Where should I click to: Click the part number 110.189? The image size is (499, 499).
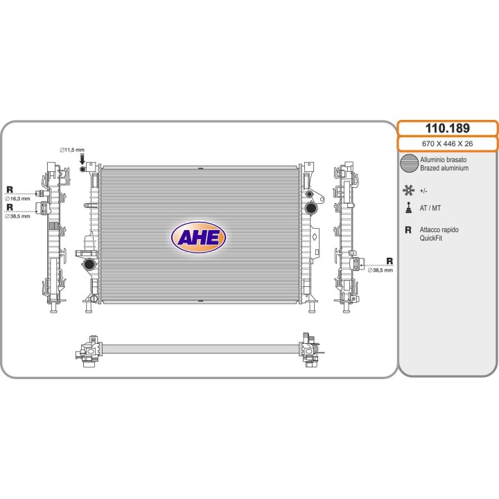(x=448, y=128)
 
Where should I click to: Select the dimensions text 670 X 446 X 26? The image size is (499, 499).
(x=448, y=144)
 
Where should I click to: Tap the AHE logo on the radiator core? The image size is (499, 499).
(x=199, y=237)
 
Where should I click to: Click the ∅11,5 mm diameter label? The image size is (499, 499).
(x=72, y=150)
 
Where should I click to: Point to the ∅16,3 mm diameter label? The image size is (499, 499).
(x=17, y=199)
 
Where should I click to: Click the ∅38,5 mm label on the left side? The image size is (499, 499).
(x=17, y=216)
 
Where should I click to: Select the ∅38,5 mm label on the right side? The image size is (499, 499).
(x=380, y=270)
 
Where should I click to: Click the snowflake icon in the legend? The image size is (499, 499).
(x=408, y=191)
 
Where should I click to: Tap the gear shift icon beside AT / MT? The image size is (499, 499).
(x=408, y=208)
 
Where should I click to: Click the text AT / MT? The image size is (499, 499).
(x=430, y=208)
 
